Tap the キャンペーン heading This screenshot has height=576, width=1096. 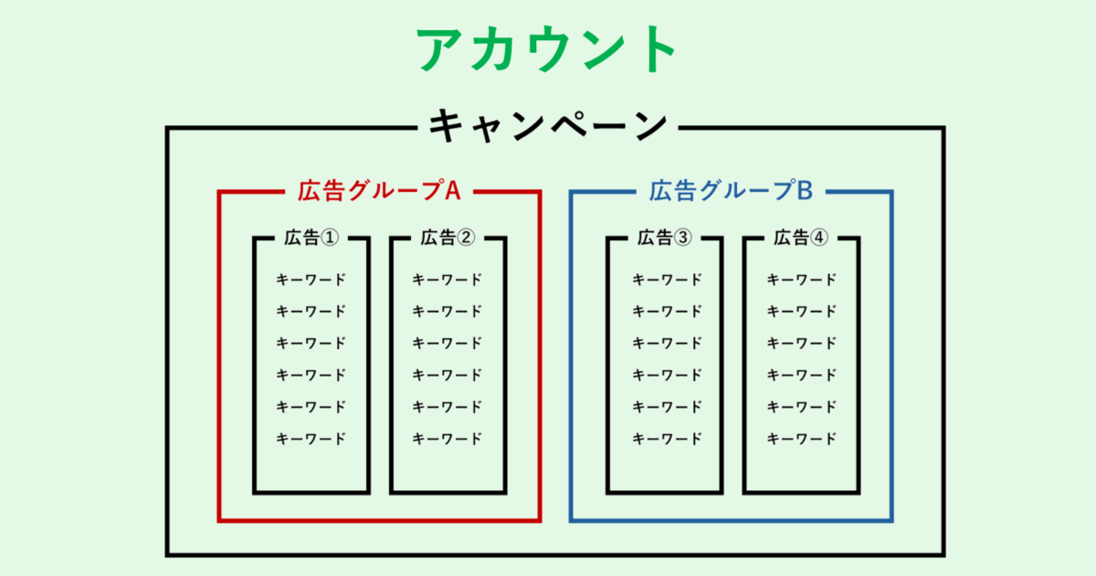(548, 125)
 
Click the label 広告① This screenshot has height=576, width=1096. (311, 238)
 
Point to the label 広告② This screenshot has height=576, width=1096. (448, 238)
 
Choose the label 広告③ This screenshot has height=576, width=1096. (664, 238)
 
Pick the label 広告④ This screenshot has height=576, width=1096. (801, 238)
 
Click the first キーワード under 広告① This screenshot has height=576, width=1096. (311, 280)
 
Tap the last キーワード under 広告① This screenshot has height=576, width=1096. (311, 438)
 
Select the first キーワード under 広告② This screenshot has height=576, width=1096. (448, 280)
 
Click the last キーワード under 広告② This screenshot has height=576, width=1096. (448, 438)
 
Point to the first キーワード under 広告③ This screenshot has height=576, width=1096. (668, 280)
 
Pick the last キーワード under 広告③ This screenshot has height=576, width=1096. (668, 438)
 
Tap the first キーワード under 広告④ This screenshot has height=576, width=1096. (801, 280)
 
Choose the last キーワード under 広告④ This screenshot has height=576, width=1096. (801, 438)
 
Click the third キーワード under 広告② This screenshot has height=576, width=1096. (448, 343)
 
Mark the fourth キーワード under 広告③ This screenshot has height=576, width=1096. (668, 375)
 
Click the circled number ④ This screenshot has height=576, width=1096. (818, 238)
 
